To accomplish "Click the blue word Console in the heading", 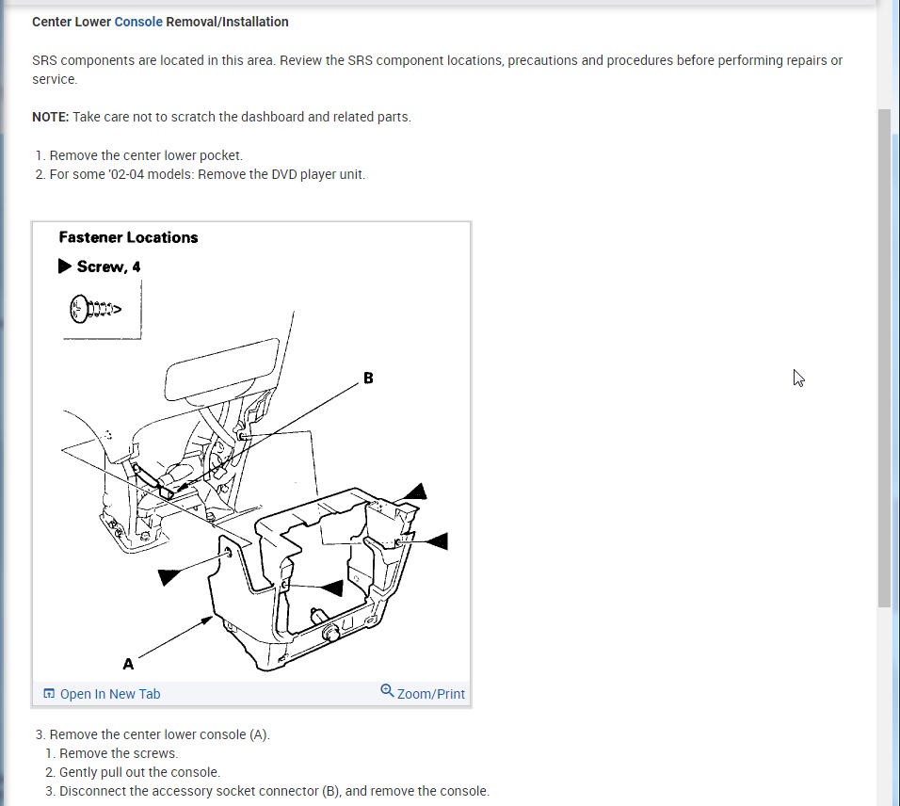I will (138, 22).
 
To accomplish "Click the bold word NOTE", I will (50, 117).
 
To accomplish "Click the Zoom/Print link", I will (430, 694).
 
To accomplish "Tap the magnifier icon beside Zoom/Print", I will (387, 691).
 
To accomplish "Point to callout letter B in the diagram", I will (368, 379).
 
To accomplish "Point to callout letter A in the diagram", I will (128, 664).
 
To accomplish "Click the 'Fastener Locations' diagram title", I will (128, 238).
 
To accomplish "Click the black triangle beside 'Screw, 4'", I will (65, 266).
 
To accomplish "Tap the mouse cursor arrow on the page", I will (798, 378).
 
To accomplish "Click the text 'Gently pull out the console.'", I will (139, 772).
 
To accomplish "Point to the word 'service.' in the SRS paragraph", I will (55, 80).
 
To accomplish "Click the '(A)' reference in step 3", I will (258, 734).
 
